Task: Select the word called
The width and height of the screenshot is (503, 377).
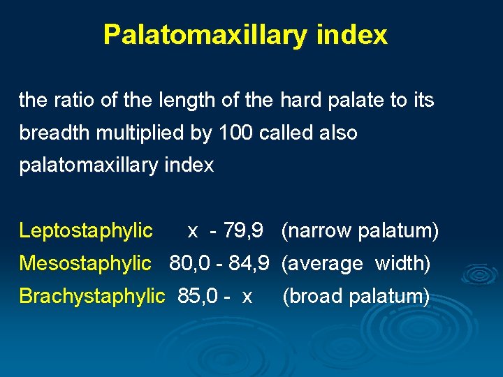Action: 289,133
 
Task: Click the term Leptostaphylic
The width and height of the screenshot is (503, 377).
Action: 85,230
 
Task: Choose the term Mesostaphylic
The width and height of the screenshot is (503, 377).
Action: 85,263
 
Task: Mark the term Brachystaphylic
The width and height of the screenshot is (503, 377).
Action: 92,296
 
